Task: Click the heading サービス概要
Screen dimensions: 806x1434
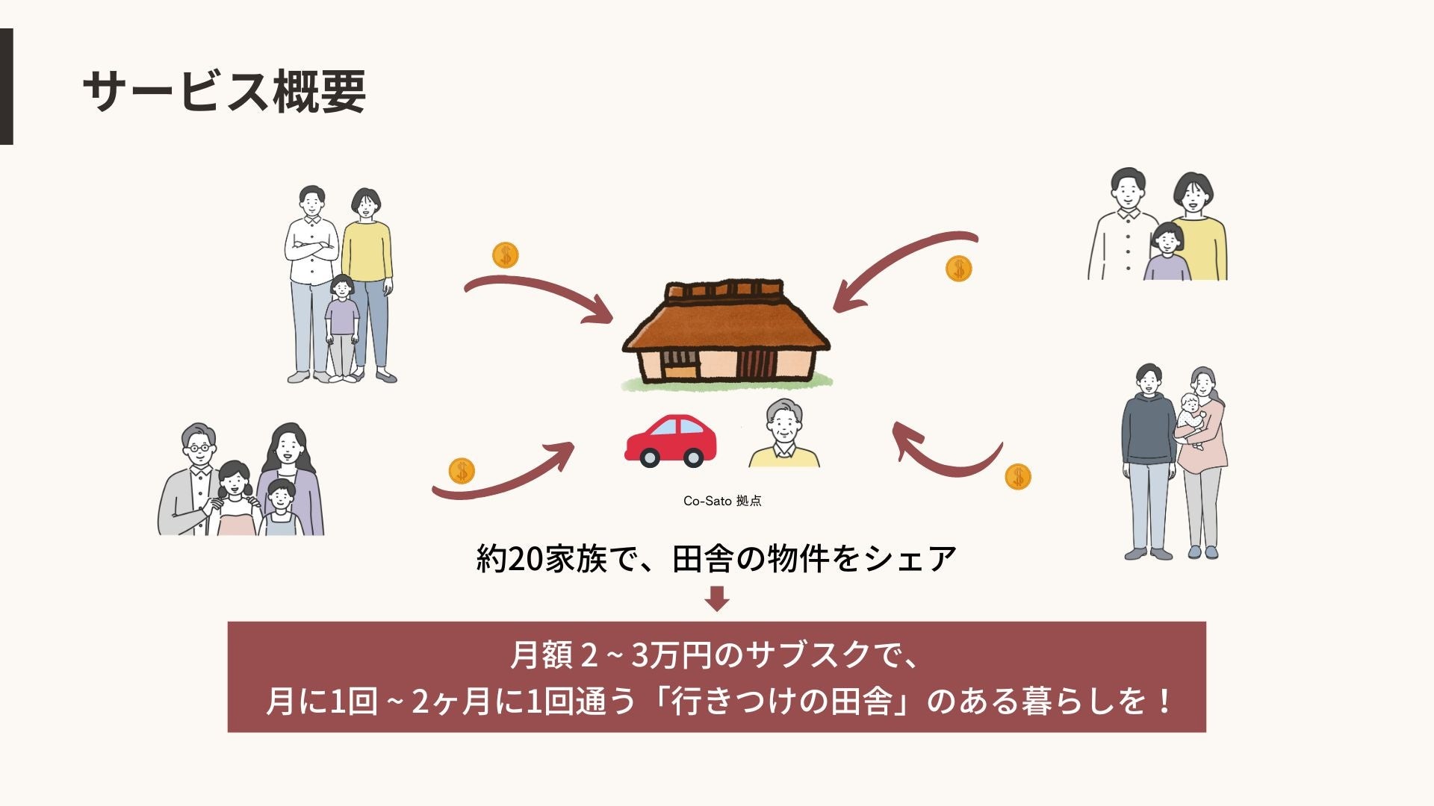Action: (x=224, y=92)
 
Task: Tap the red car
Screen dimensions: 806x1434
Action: (x=670, y=441)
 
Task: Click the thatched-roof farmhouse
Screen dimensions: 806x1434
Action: (x=726, y=336)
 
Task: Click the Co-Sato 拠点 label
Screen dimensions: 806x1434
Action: (x=722, y=501)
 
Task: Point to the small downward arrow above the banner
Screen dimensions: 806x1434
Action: (x=717, y=599)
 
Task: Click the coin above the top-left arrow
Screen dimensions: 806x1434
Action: (x=506, y=256)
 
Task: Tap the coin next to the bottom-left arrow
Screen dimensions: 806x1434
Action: (x=462, y=472)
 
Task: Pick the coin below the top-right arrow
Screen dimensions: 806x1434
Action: (x=958, y=268)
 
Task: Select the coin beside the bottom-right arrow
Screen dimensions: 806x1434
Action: (x=1017, y=476)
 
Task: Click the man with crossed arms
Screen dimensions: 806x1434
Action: (x=311, y=276)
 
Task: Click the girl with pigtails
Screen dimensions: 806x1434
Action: (x=236, y=496)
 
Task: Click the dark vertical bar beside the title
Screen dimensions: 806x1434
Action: (x=6, y=87)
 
